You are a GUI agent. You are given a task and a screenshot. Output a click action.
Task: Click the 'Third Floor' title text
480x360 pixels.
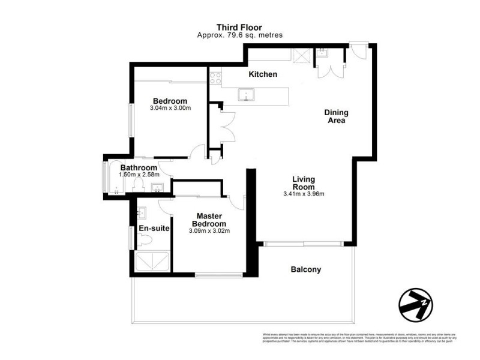click(x=239, y=27)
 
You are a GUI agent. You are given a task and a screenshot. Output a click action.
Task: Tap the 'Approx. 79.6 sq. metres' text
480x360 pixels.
click(x=239, y=35)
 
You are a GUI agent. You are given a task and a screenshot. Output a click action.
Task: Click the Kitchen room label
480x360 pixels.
click(x=263, y=74)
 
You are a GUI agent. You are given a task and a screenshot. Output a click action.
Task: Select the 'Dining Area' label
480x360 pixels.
click(x=336, y=116)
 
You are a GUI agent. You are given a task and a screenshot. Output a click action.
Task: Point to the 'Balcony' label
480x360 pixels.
click(x=305, y=269)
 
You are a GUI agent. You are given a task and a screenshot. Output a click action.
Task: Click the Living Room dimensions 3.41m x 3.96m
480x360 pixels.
click(x=303, y=194)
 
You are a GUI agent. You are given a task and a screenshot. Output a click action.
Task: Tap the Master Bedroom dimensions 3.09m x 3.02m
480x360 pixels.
click(x=209, y=230)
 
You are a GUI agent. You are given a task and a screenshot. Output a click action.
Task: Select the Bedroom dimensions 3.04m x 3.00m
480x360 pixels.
click(x=170, y=109)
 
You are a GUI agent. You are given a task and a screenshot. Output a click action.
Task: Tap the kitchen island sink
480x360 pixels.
click(x=247, y=94)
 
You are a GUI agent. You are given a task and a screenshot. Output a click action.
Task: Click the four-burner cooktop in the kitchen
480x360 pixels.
click(x=215, y=77)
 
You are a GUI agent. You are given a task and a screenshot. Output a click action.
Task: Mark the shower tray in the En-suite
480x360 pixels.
click(x=152, y=262)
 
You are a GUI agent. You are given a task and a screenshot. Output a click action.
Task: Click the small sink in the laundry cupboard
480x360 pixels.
click(x=322, y=53)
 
